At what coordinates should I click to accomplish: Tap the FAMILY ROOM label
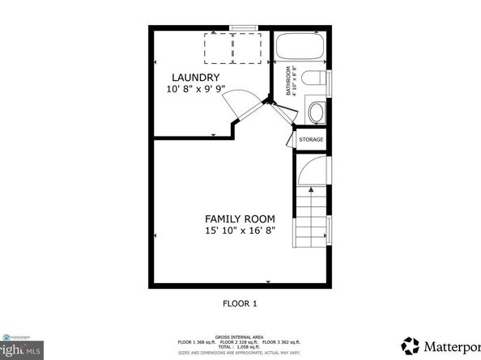pos(239,218)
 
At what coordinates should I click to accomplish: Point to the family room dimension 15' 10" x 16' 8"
pos(239,231)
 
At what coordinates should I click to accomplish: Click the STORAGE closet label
pos(312,140)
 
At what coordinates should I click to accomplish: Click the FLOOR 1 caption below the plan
pos(240,304)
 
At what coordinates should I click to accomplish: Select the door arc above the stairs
pos(312,170)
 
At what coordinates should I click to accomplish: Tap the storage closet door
pos(290,140)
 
